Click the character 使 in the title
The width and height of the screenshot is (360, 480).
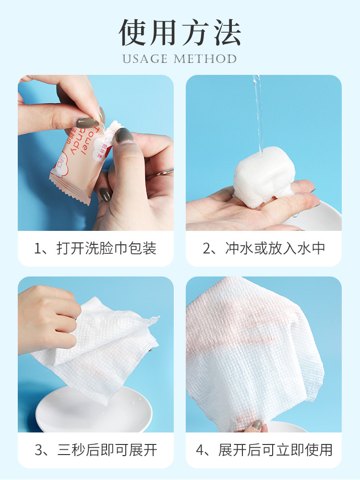click(134, 33)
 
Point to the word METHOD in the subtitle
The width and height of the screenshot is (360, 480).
click(205, 59)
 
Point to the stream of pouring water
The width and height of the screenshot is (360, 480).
click(258, 110)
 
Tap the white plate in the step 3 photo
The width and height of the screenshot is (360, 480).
click(94, 410)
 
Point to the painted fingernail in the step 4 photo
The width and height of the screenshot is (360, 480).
click(258, 425)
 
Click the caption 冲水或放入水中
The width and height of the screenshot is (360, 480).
click(275, 249)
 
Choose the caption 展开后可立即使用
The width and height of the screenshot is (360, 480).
click(275, 450)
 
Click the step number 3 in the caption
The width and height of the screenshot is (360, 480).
click(39, 450)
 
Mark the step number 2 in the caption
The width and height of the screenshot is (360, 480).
click(207, 249)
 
